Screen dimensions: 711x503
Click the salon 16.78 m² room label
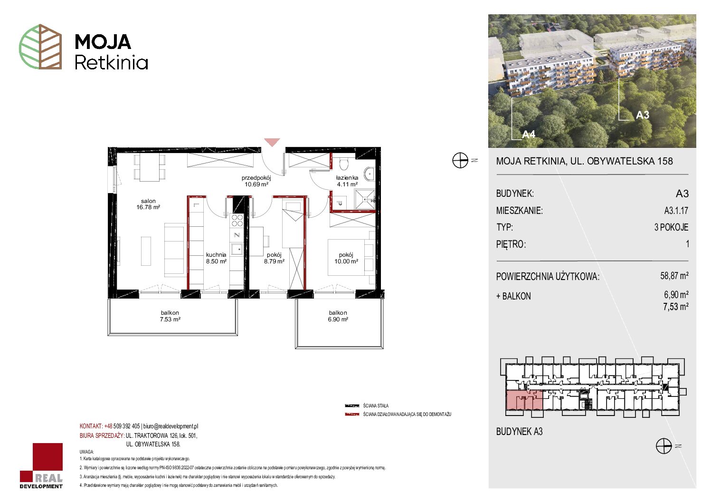click(148, 204)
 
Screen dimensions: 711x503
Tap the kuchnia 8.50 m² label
click(216, 258)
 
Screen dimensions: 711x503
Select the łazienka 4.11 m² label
click(347, 181)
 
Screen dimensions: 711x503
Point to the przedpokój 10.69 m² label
click(256, 181)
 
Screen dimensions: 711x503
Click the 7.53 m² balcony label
click(170, 316)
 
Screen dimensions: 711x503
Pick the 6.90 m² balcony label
click(338, 316)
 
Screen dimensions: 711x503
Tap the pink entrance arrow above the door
click(272, 142)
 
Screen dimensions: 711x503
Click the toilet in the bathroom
click(344, 164)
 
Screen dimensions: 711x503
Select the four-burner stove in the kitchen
click(237, 221)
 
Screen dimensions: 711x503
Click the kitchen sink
click(237, 249)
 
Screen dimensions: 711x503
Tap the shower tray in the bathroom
click(364, 200)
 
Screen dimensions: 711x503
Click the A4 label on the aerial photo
click(529, 135)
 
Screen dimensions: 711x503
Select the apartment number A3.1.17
click(676, 210)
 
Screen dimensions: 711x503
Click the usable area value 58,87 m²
click(674, 275)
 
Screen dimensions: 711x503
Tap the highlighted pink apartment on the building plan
click(524, 400)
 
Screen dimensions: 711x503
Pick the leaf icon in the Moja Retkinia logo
click(40, 47)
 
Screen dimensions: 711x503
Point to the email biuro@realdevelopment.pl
click(171, 426)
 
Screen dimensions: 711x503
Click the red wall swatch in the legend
click(352, 415)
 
